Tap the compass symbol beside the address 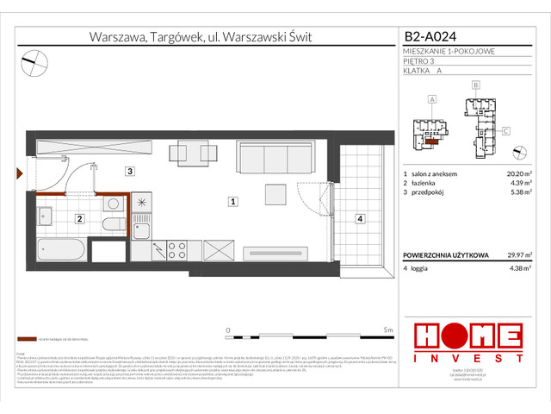click(35, 59)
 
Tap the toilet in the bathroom click(111, 226)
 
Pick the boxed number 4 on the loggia click(361, 218)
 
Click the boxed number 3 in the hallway click(129, 171)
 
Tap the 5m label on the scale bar click(389, 329)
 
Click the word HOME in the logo click(466, 337)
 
